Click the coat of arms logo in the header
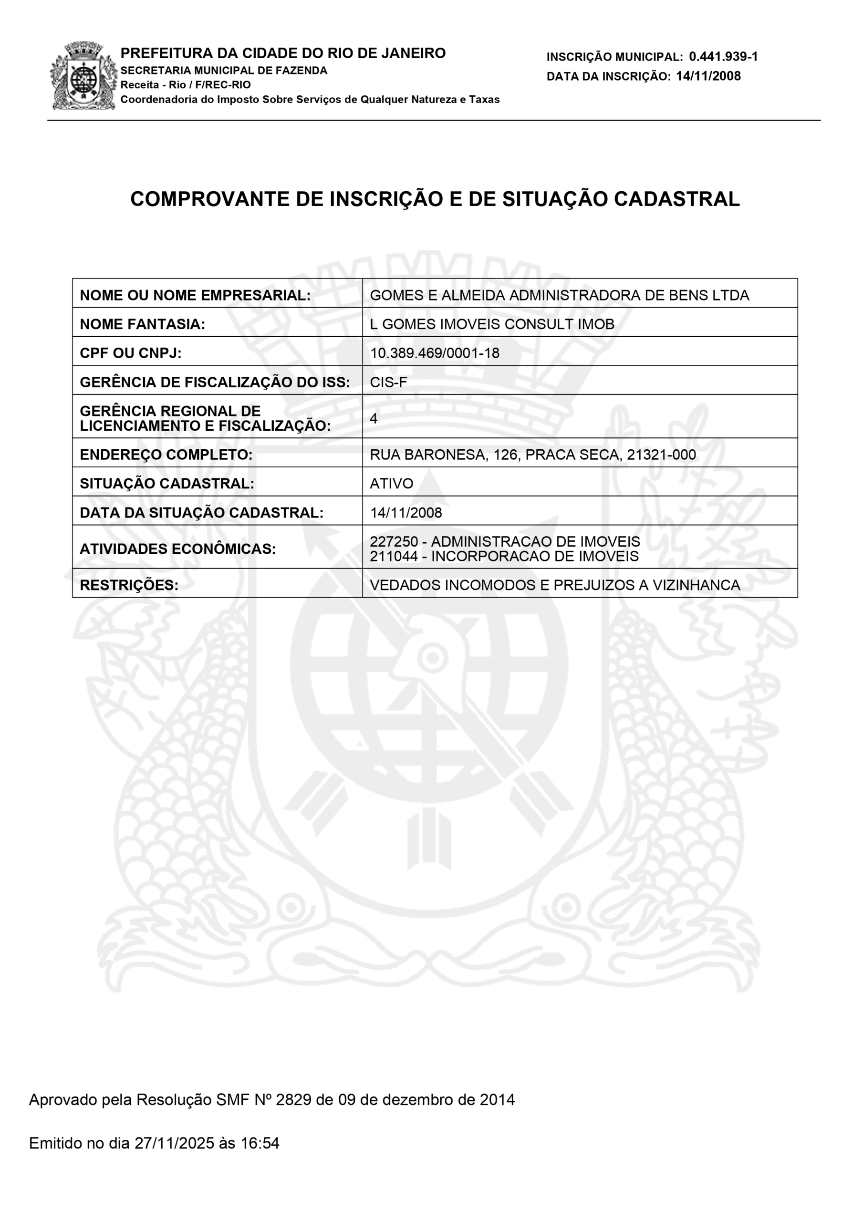click(83, 75)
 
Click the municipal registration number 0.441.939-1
click(723, 56)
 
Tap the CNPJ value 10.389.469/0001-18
click(434, 353)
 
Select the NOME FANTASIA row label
click(142, 324)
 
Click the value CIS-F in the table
click(388, 382)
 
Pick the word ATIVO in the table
click(391, 484)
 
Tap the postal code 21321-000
click(661, 455)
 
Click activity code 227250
click(394, 541)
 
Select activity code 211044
click(394, 556)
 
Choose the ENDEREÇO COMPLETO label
click(166, 455)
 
